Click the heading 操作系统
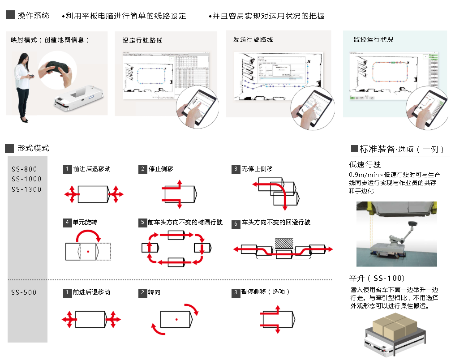coord(33,16)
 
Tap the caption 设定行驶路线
coord(142,40)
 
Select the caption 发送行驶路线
coord(253,39)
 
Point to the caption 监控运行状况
coord(374,39)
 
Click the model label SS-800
coord(25,169)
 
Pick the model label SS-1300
coord(26,189)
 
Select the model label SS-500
coord(24,292)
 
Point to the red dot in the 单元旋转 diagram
coord(88,252)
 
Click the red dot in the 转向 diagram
coord(176,319)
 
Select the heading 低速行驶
coord(365,164)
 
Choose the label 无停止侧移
coord(257,169)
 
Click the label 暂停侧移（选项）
coord(266,292)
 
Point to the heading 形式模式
coord(33,148)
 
